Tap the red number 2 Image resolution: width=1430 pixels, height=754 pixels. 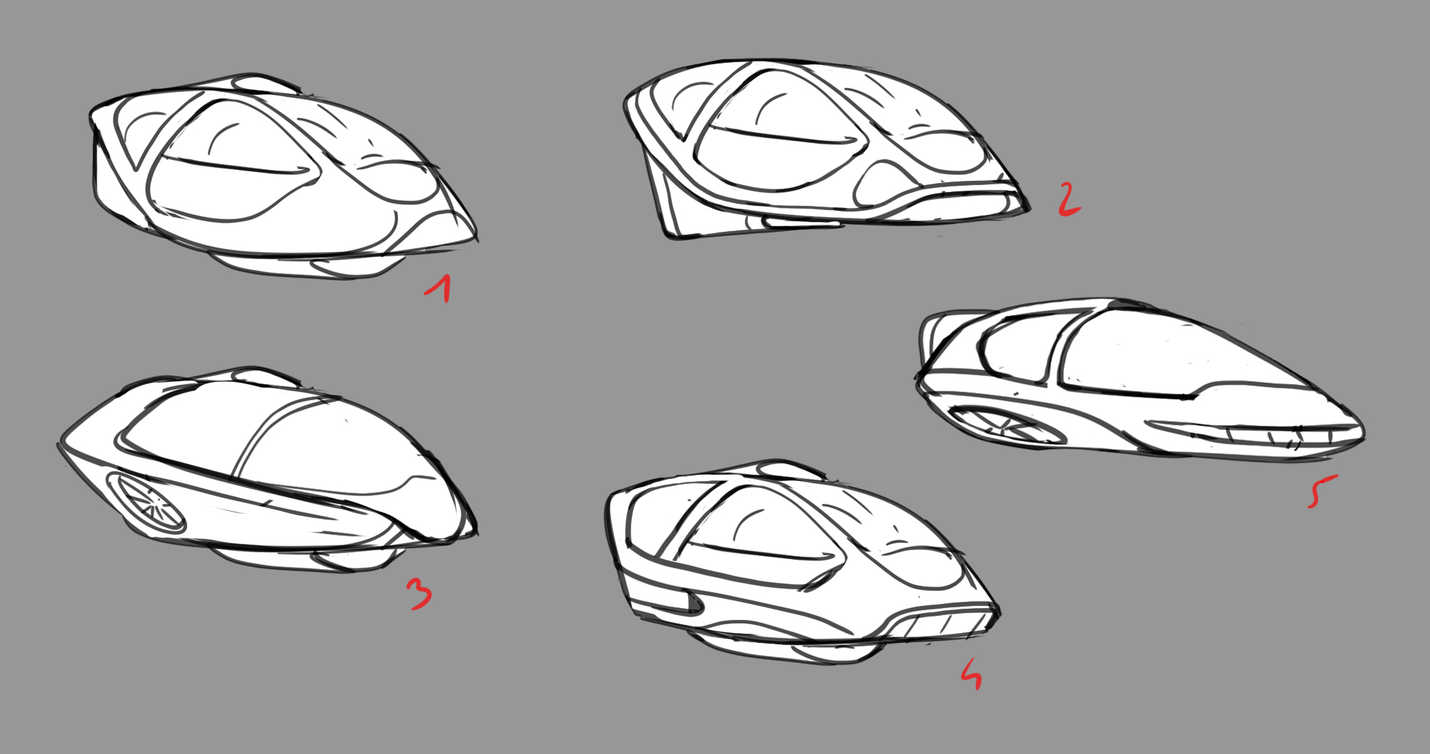coord(1068,199)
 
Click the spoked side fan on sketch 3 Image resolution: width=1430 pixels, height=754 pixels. coord(147,503)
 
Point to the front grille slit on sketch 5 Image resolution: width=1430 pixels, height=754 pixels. coord(1250,433)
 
